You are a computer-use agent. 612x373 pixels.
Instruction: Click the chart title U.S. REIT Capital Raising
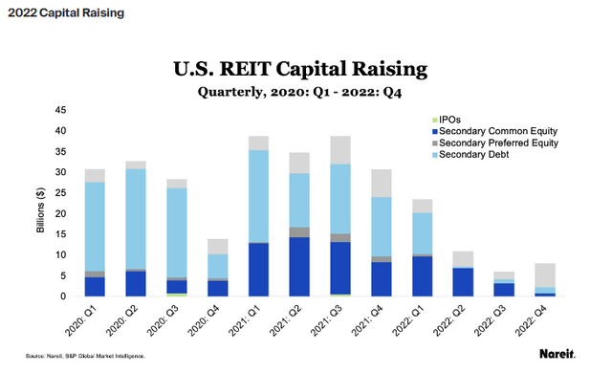tap(306, 69)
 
